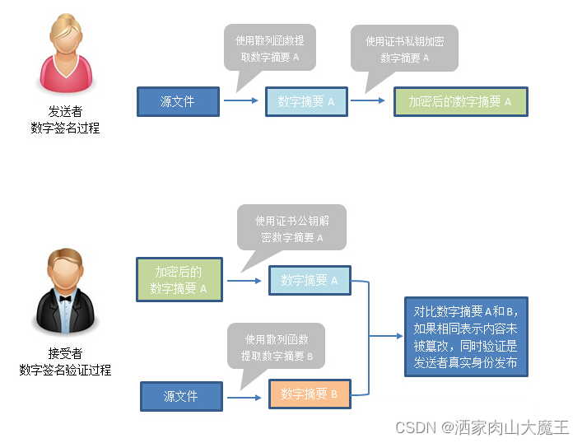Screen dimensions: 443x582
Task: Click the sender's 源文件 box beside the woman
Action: click(178, 102)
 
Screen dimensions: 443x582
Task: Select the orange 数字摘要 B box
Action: click(309, 394)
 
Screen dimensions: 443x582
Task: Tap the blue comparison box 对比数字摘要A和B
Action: click(465, 337)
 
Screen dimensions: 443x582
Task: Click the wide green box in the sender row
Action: click(459, 102)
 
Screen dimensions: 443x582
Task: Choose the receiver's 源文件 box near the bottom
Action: click(181, 396)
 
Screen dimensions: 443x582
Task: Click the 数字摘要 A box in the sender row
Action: click(306, 102)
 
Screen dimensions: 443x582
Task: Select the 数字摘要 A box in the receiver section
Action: click(309, 280)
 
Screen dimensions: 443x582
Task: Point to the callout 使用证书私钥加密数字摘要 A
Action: click(404, 49)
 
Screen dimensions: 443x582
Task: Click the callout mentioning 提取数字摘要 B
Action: click(276, 347)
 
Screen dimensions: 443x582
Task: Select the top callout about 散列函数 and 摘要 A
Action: click(270, 48)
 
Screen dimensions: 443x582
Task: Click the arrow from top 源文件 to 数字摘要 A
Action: click(241, 102)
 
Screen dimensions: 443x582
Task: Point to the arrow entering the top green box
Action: click(369, 102)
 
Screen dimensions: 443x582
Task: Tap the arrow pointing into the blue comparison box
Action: click(387, 336)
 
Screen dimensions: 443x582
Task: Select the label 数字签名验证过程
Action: click(65, 370)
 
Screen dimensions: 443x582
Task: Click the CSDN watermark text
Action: click(482, 427)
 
